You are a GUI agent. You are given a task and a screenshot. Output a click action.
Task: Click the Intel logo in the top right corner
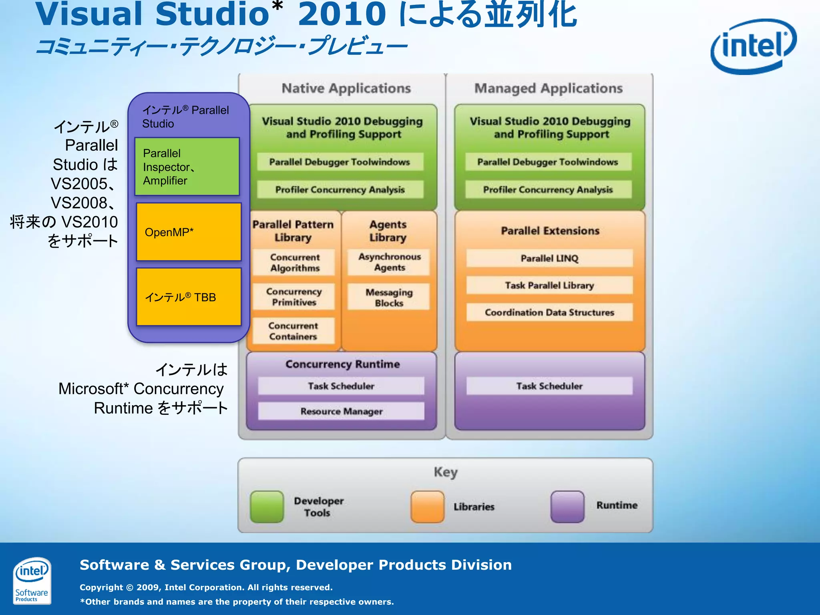753,46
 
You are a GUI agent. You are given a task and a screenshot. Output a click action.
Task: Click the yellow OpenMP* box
189,232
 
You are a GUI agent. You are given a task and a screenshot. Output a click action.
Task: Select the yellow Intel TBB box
189,297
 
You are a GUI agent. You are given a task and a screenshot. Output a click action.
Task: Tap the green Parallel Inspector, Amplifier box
187,167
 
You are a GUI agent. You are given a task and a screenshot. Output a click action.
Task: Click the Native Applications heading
346,88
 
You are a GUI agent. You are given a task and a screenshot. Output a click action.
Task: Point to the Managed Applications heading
548,88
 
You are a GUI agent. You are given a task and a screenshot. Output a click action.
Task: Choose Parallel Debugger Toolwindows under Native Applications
340,162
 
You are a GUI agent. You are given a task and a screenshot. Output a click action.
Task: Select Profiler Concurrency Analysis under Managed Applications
548,189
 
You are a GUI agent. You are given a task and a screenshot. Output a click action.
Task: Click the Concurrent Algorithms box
294,263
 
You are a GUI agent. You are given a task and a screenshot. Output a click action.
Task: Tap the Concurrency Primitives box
294,297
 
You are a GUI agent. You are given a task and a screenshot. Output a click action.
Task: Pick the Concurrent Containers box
293,331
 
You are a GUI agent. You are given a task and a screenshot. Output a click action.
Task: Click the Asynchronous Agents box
389,262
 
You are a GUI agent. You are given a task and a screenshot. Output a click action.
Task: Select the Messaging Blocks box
389,297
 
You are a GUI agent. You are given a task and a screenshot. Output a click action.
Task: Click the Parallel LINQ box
549,258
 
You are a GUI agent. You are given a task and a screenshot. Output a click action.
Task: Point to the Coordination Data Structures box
549,312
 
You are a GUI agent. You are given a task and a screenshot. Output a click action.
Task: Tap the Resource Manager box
341,411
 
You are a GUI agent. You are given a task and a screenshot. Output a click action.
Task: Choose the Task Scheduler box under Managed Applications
549,386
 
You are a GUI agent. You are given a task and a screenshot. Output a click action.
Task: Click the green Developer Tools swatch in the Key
267,506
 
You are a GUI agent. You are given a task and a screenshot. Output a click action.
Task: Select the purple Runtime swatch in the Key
567,506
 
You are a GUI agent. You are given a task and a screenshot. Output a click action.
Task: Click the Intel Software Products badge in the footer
32,580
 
